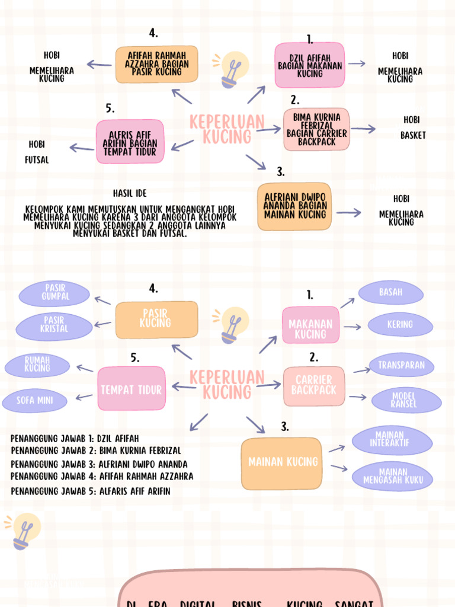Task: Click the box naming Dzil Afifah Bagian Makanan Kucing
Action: coord(310,66)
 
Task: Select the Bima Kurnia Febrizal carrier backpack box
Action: coord(316,130)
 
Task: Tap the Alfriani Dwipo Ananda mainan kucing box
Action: coord(294,206)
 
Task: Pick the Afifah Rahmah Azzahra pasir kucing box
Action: coord(157,64)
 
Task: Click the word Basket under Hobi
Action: coord(413,135)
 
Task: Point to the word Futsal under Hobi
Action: coord(37,160)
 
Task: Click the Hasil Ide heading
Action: coord(130,193)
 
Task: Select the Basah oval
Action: coord(390,292)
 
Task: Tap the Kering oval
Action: coord(400,324)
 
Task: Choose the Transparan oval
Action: coord(401,365)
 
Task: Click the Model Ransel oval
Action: coord(406,400)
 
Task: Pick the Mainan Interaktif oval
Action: coord(392,439)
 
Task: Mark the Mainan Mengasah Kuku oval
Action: coord(393,476)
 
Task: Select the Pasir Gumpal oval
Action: coord(55,292)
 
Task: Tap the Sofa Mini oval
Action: coord(34,400)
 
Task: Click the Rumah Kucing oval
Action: coord(37,365)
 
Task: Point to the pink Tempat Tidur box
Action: coord(131,389)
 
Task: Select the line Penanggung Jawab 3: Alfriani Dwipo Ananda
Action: coord(99,464)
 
